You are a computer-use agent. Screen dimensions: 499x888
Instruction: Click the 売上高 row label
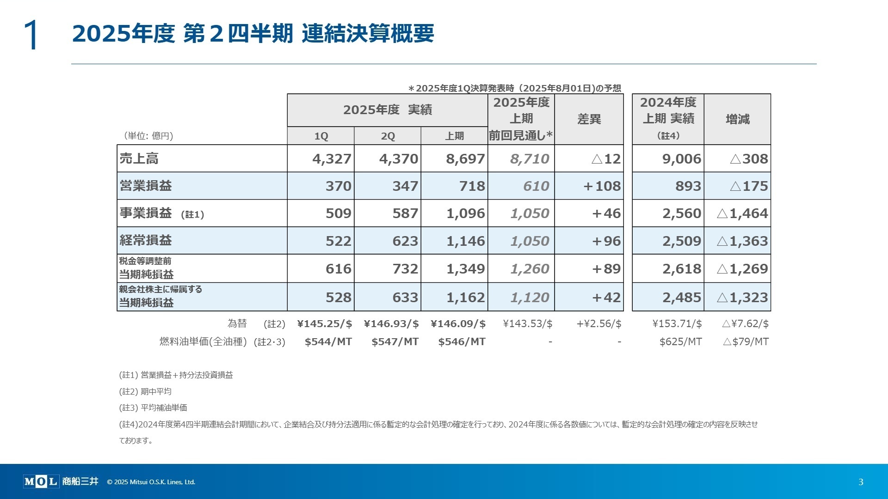point(139,158)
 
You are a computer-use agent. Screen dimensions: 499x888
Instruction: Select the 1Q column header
point(321,136)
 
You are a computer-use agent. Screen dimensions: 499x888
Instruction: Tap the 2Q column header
point(388,136)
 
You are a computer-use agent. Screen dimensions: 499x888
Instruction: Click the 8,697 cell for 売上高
point(465,158)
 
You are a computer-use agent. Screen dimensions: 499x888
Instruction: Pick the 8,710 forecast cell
point(529,158)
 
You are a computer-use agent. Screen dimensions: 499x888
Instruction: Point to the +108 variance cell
point(602,186)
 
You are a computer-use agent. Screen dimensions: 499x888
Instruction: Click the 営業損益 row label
point(146,186)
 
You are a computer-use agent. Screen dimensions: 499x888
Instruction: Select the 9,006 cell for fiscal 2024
point(681,158)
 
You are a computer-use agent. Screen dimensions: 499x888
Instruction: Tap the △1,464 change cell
point(742,213)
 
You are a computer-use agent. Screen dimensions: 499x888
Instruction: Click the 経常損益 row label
point(146,240)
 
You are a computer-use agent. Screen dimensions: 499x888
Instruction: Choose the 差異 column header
point(589,119)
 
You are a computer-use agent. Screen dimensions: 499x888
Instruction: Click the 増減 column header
point(737,119)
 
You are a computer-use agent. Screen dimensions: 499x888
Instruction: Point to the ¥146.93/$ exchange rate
point(391,323)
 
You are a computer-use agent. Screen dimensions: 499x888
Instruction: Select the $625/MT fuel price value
point(680,341)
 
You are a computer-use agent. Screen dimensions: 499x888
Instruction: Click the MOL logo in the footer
point(41,481)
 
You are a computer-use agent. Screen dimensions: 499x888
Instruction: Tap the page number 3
point(861,482)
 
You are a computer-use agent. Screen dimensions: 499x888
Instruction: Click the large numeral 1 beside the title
point(31,35)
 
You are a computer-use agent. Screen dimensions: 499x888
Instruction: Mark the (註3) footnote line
point(153,408)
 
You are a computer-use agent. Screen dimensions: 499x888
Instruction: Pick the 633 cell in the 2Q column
point(405,297)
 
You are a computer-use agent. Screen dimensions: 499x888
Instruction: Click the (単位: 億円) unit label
point(148,136)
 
